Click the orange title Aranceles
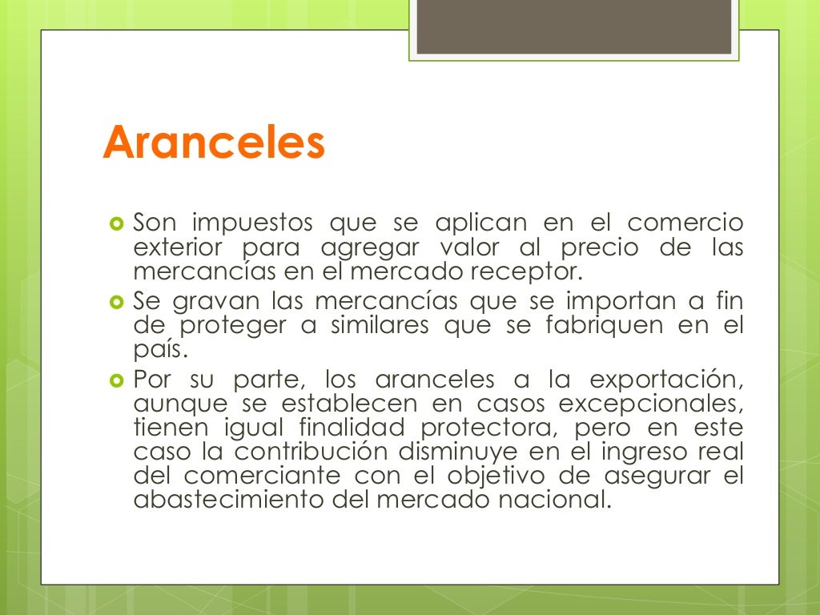point(214,143)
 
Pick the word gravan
point(211,302)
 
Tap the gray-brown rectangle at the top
point(573,27)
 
